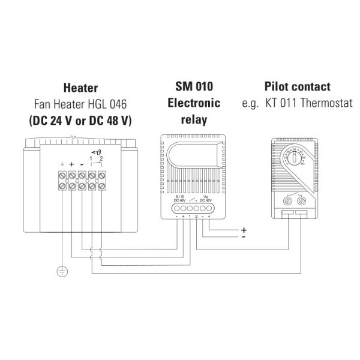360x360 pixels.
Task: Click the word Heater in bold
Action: pos(80,88)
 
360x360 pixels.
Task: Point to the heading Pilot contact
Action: pos(296,87)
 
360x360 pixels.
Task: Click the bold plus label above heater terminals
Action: pos(72,163)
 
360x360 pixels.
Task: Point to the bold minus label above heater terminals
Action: pos(82,163)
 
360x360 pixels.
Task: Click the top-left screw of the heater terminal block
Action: pos(62,176)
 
